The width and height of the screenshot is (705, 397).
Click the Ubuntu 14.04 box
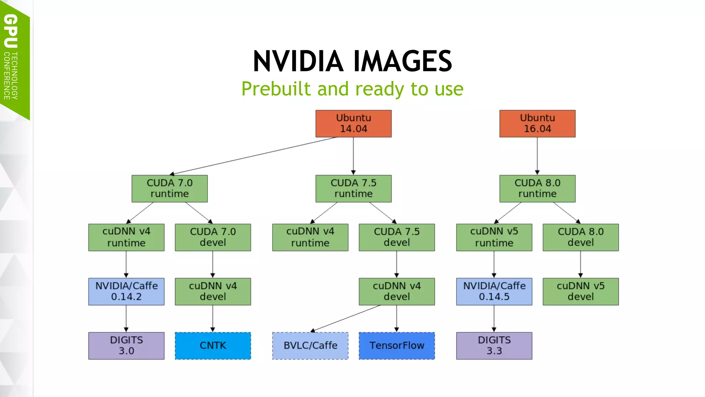pos(353,123)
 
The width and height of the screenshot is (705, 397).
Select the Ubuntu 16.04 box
pos(537,123)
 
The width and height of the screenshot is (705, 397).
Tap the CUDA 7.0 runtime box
pos(169,189)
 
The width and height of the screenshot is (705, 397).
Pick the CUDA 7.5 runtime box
pos(353,189)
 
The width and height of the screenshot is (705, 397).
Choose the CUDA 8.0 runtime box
pos(537,189)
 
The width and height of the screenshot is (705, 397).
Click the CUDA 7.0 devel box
pos(213,237)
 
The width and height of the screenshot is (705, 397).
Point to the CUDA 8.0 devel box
pos(580,237)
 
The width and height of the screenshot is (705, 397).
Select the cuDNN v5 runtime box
pos(494,237)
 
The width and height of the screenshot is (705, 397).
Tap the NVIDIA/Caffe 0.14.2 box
pos(126,291)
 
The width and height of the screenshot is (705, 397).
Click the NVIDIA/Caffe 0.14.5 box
pos(494,291)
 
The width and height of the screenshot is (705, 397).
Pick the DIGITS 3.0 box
pos(126,346)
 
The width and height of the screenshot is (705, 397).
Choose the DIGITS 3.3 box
pos(494,346)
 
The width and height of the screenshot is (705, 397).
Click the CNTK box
pos(213,346)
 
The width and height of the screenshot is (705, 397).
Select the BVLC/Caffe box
pos(310,346)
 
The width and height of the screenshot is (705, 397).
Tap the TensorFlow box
pos(397,346)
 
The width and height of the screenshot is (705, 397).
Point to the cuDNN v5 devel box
pos(580,291)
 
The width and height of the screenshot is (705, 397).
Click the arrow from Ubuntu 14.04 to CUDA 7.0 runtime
pos(253,156)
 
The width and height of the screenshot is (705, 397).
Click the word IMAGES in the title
pos(402,61)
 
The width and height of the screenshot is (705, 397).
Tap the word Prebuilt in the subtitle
pos(276,89)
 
